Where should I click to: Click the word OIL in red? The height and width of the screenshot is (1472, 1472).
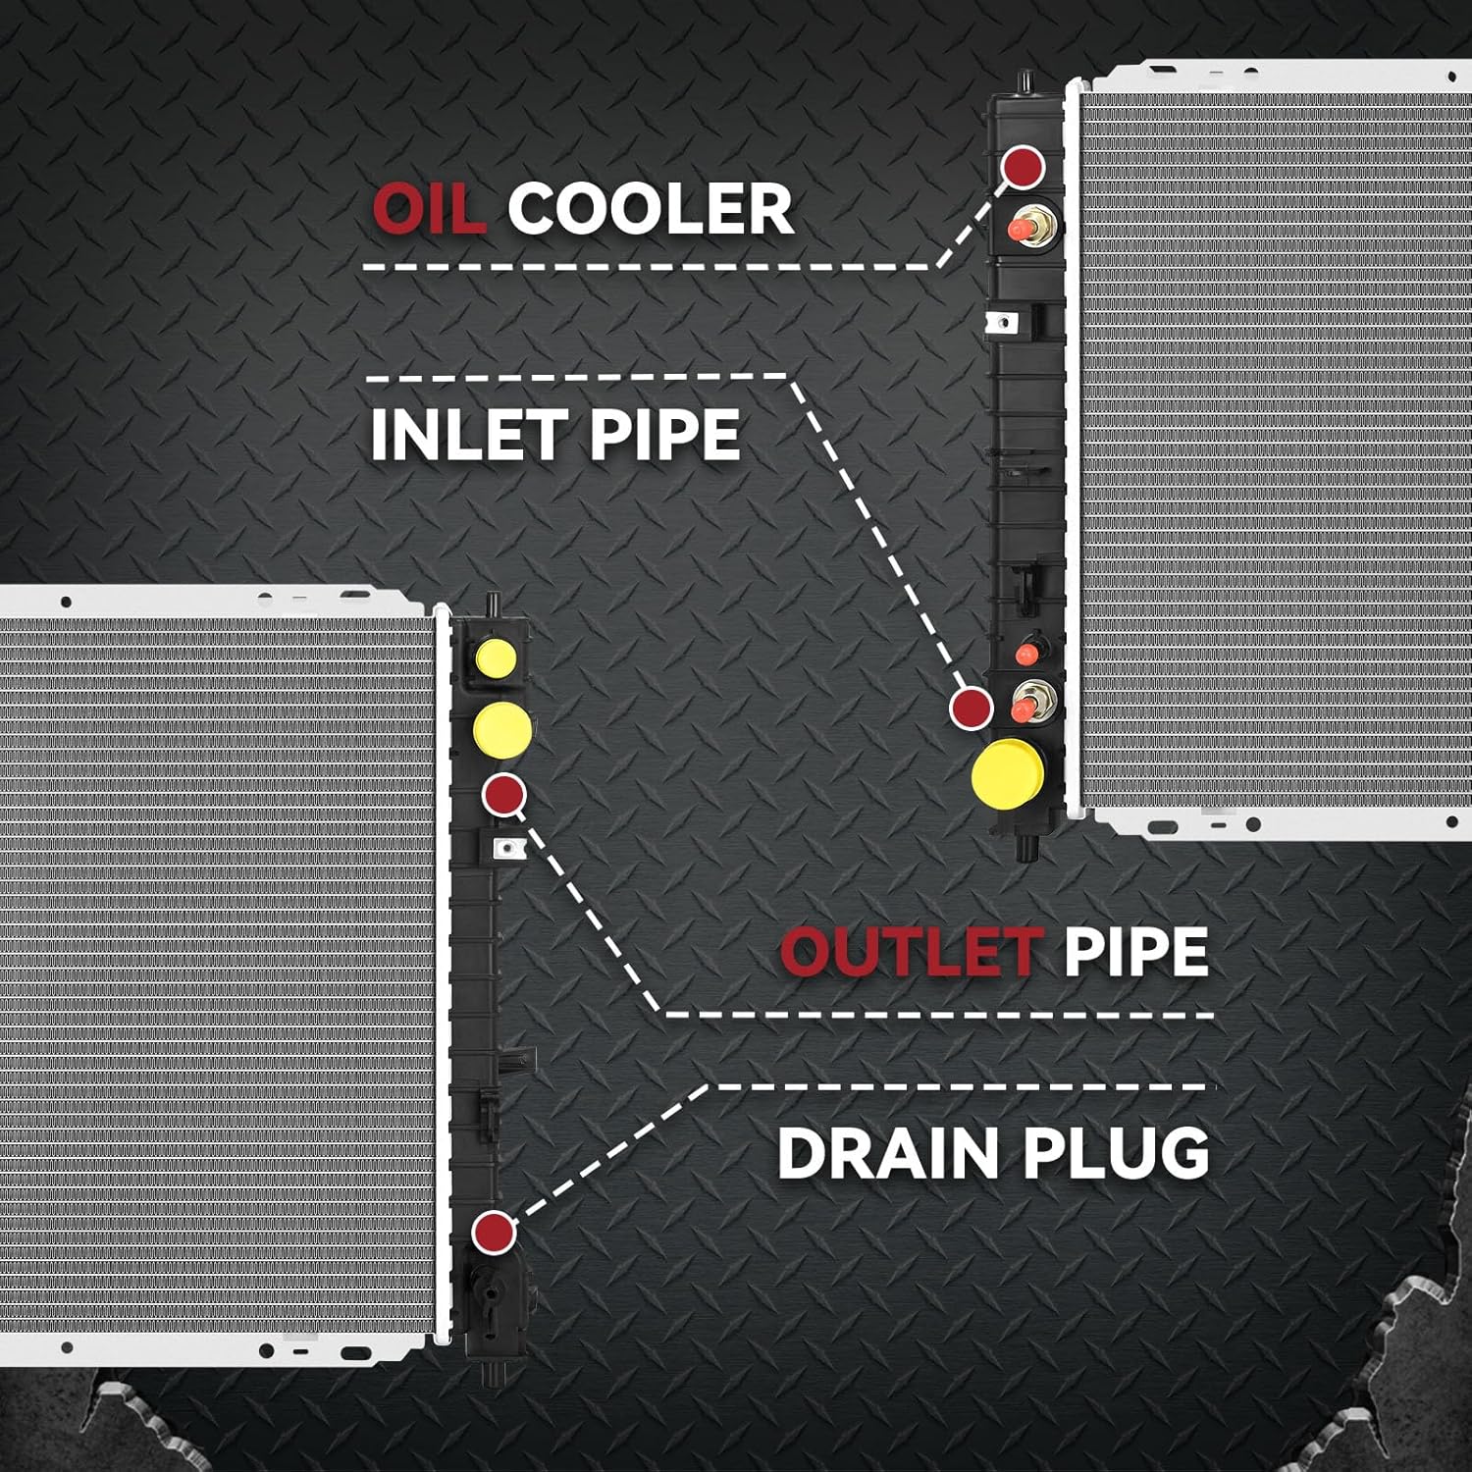click(430, 208)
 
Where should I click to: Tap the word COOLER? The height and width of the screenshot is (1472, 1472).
click(651, 208)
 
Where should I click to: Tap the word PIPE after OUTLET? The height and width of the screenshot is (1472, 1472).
click(1135, 951)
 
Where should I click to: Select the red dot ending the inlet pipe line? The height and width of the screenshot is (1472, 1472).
click(971, 708)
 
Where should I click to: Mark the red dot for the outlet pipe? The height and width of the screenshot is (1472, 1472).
click(504, 794)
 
